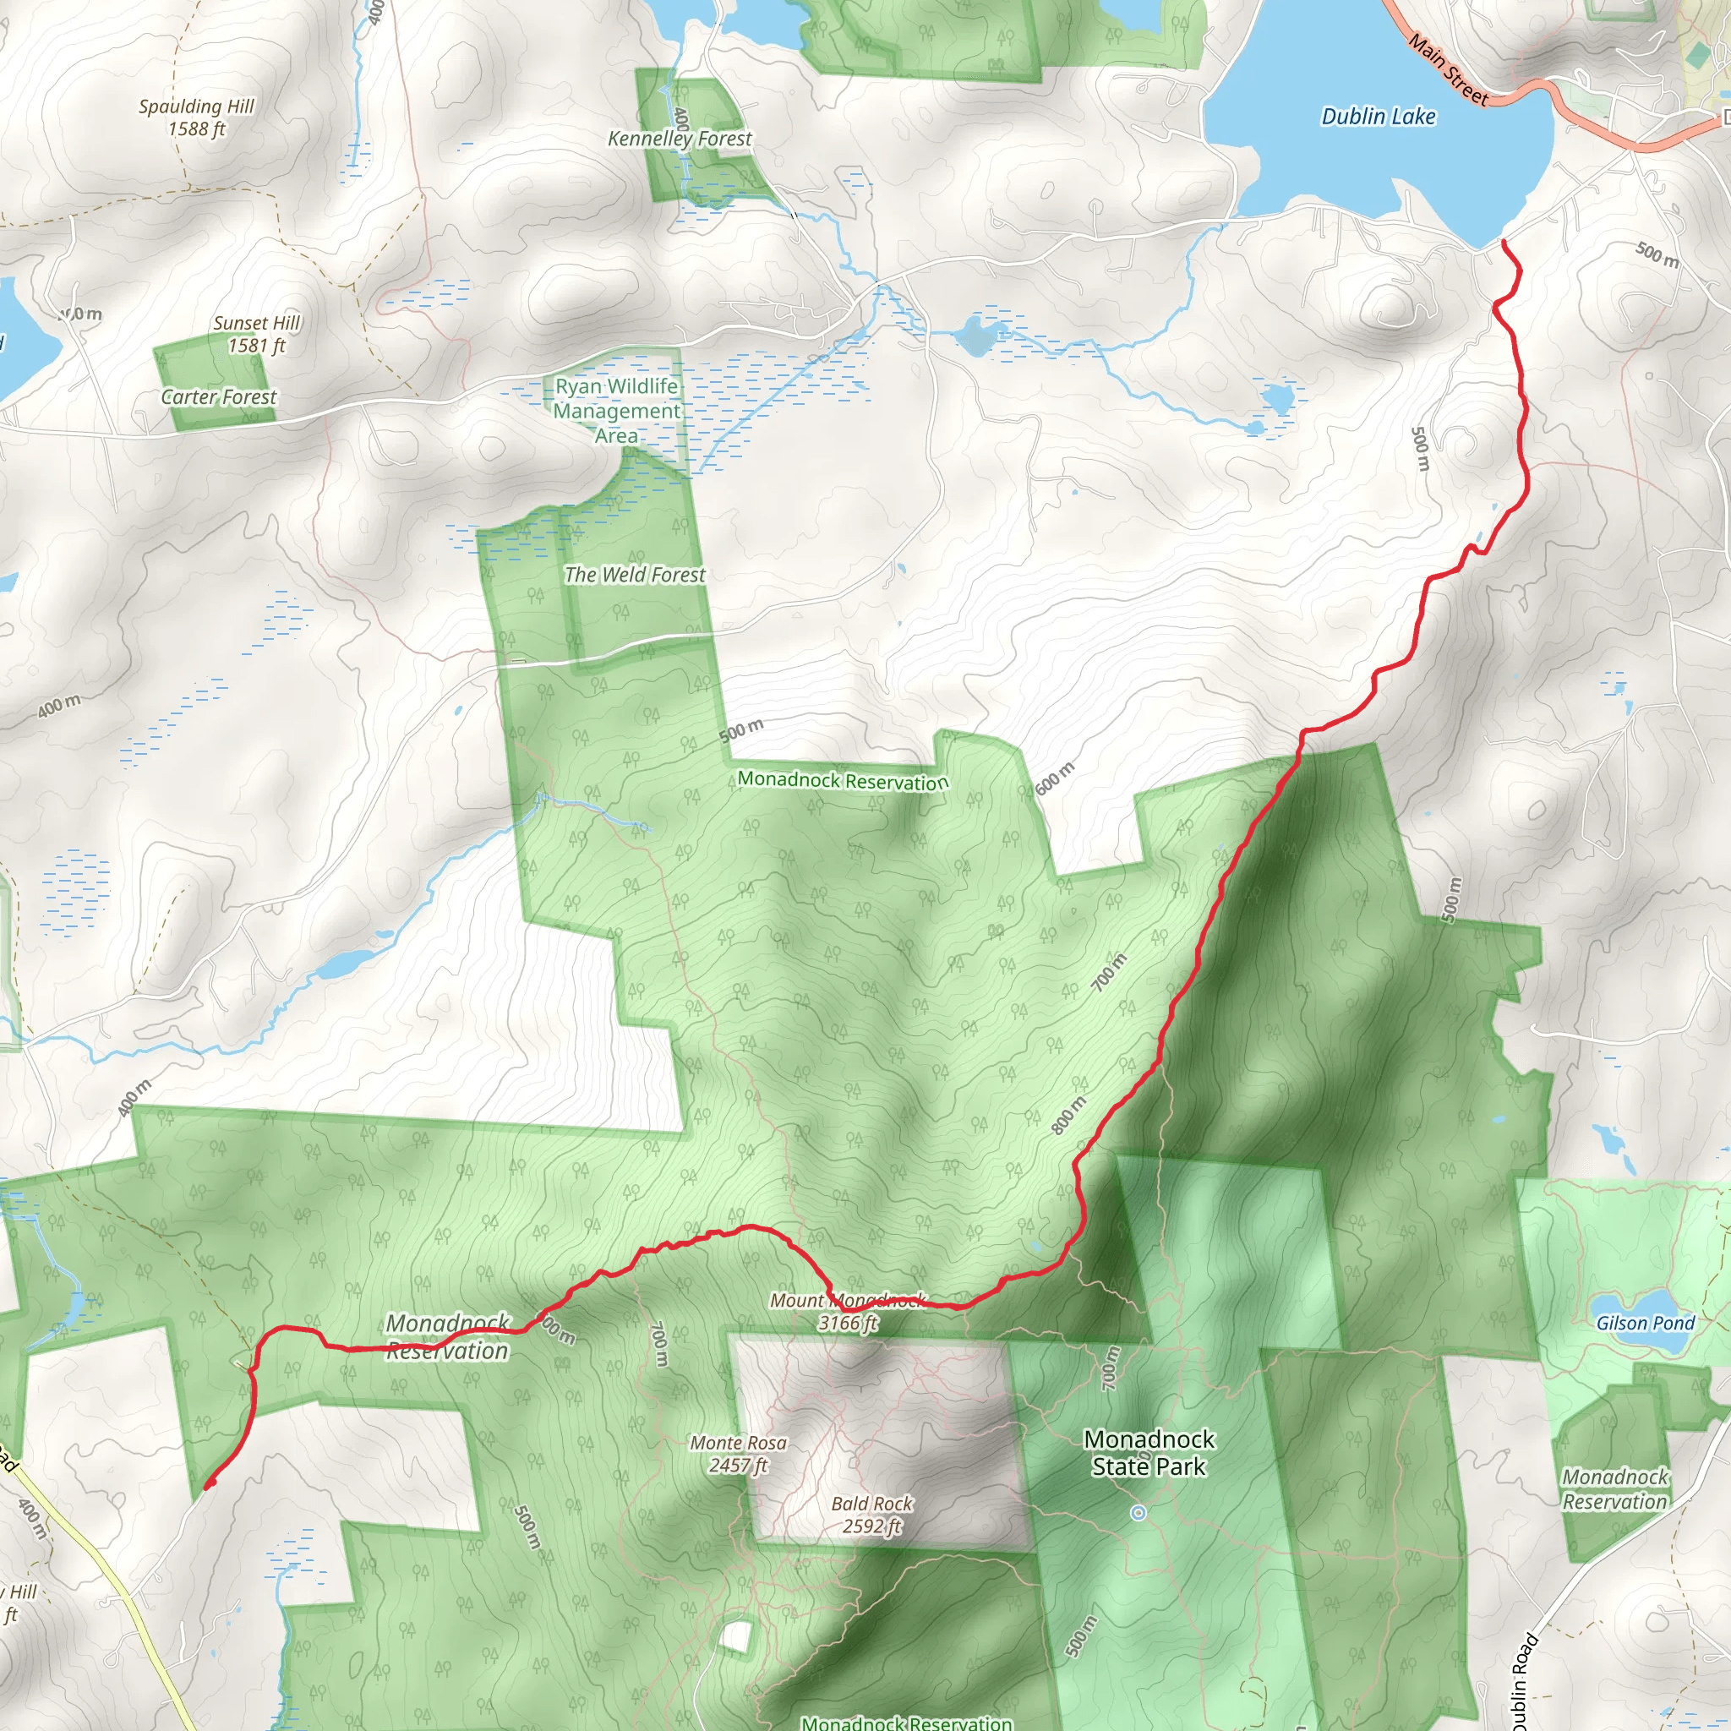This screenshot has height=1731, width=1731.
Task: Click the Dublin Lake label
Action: pos(1378,117)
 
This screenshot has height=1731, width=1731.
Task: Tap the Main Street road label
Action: pos(1447,69)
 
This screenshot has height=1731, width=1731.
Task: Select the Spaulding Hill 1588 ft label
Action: pos(196,117)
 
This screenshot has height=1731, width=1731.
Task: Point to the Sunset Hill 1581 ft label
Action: pos(256,334)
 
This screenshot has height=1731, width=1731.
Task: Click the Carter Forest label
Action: pos(219,397)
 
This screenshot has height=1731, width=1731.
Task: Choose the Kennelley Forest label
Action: pos(680,139)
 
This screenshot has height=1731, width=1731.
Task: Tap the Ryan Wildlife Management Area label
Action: pos(616,412)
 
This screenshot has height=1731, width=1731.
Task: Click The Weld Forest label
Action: pos(635,576)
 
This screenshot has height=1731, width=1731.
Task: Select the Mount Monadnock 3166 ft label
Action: pos(848,1312)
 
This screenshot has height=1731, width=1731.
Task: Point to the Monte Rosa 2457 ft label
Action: pos(738,1454)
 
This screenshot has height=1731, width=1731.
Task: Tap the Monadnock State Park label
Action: pos(1149,1452)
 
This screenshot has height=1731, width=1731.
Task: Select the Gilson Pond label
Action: pos(1645,1324)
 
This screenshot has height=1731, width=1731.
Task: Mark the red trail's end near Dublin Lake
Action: pos(1503,242)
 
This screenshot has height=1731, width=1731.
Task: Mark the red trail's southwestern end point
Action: pos(209,1487)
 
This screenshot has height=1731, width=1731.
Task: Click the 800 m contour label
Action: pos(1068,1116)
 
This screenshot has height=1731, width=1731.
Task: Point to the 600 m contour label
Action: pos(1055,778)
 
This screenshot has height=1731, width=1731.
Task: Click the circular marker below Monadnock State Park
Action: pos(1138,1513)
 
